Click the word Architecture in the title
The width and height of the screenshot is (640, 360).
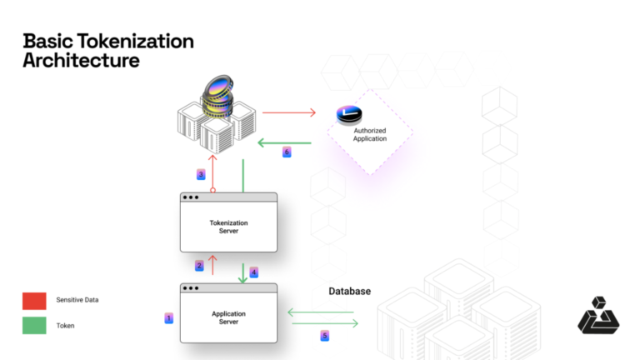[81, 61]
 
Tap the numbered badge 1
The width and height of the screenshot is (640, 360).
[169, 317]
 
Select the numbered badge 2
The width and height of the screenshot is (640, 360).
[200, 266]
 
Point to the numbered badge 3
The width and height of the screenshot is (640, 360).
[201, 174]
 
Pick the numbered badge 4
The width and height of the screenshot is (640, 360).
[254, 272]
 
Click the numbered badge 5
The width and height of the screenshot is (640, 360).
[325, 335]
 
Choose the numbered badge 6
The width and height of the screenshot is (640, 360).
[287, 152]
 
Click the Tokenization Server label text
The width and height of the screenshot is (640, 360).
[228, 227]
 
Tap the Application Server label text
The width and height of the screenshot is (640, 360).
[228, 317]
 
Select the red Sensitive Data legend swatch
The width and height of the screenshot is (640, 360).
[34, 300]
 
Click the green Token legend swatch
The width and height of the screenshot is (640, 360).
[34, 325]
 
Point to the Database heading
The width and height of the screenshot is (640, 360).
[349, 291]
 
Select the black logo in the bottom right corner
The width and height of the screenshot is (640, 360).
[597, 317]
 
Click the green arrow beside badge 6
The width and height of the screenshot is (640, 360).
[283, 142]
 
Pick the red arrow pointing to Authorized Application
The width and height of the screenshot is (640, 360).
[289, 112]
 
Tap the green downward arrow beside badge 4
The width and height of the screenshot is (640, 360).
[243, 272]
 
